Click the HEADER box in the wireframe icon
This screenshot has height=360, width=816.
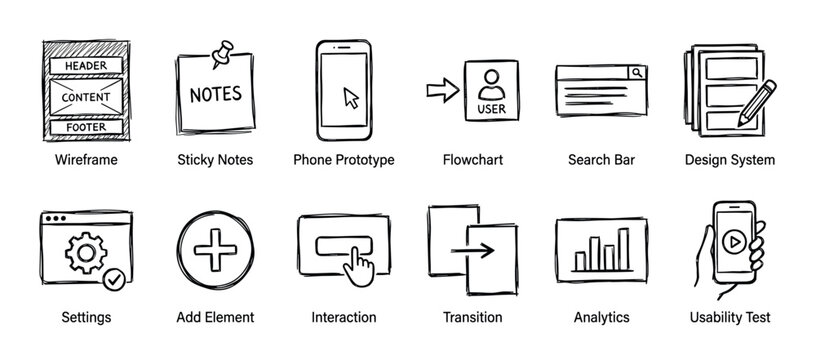(85, 66)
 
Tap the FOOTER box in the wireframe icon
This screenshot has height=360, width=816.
(85, 127)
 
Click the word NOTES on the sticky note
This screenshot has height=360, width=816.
(215, 95)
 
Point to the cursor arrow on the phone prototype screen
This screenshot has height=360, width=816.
(351, 97)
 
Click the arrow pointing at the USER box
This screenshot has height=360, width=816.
(440, 91)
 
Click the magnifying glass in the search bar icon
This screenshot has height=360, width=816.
(636, 73)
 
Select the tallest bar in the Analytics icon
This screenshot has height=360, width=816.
(623, 250)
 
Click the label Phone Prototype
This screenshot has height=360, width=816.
(343, 160)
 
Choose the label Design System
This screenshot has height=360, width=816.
(729, 160)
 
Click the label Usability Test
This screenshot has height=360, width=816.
(729, 317)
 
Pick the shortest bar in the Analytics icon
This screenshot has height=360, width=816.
(580, 262)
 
